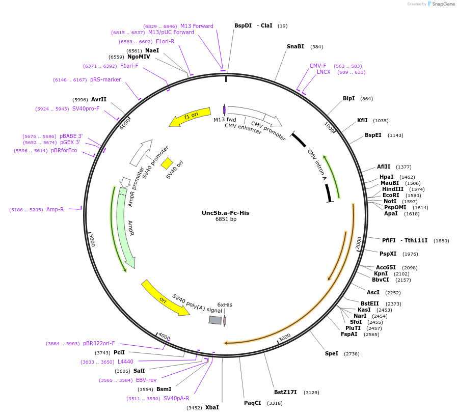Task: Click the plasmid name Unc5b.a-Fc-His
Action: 225,213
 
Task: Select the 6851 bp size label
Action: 226,219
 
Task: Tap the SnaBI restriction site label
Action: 295,46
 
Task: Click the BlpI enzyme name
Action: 348,98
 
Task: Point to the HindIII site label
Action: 392,189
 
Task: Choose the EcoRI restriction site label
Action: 391,195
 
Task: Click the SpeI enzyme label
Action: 331,353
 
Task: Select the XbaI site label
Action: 211,407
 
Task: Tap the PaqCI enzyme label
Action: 252,403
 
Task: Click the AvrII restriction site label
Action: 99,99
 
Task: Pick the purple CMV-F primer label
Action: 318,66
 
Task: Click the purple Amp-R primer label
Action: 55,209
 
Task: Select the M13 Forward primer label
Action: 197,26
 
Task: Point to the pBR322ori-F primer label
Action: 99,343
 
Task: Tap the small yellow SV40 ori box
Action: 167,163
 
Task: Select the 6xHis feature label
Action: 225,304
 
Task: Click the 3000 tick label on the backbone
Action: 284,337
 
